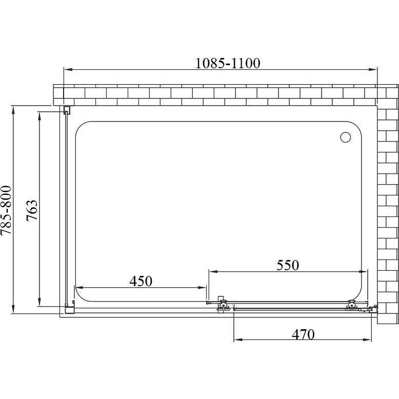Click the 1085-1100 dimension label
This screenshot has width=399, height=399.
[228, 63]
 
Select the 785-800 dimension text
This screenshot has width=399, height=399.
[6, 210]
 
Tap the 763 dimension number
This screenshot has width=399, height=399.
[32, 211]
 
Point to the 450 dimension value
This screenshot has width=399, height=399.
[141, 281]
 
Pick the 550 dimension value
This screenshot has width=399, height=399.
[288, 265]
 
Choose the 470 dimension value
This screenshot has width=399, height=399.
[303, 334]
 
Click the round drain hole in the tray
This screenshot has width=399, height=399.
[345, 137]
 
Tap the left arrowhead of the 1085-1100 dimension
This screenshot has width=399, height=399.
[68, 69]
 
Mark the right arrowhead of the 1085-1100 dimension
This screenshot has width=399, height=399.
[372, 69]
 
